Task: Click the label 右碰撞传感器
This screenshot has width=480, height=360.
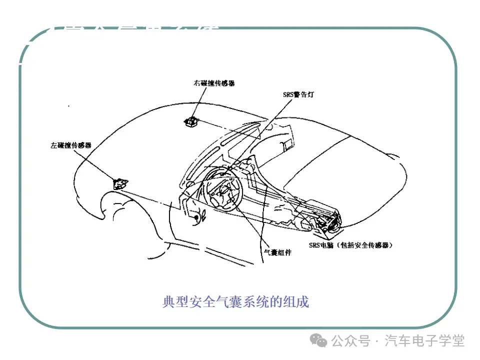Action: tap(214, 83)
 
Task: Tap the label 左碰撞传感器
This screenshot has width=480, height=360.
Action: tap(70, 145)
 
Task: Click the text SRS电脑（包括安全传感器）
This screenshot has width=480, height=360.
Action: tap(350, 245)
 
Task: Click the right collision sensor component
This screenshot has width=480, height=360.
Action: tap(191, 121)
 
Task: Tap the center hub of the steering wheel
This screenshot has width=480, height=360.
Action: tap(223, 190)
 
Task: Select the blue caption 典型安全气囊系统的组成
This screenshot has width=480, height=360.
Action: tap(236, 302)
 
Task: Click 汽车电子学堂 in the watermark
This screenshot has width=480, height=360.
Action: tap(425, 341)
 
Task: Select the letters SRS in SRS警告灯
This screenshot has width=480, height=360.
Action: tap(288, 93)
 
